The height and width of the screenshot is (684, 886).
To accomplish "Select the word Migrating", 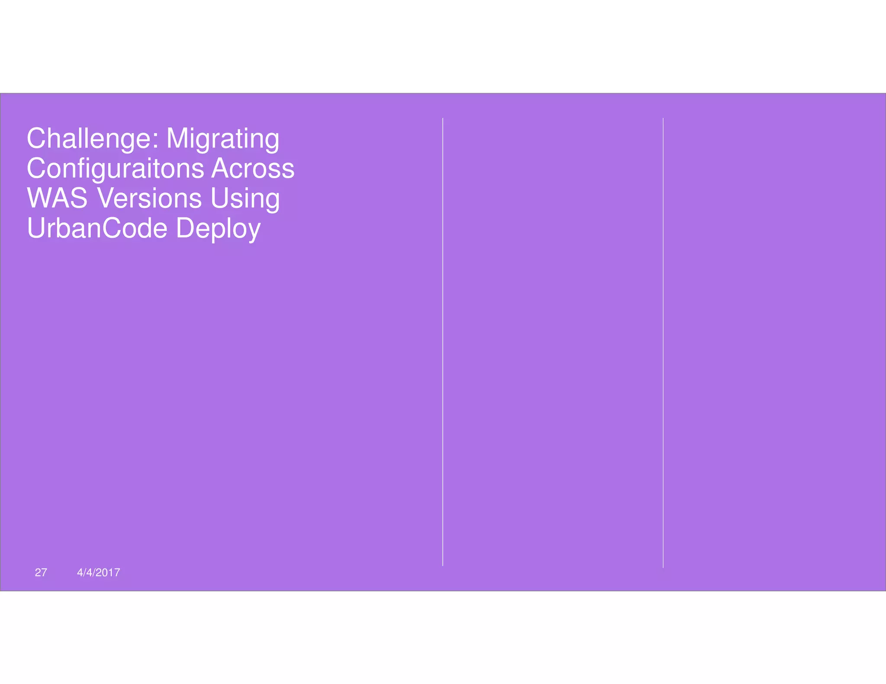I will click(223, 139).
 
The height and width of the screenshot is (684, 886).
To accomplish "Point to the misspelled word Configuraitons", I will click(116, 169).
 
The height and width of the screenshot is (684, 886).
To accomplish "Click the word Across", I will click(253, 169).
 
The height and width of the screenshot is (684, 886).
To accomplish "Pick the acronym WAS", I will click(57, 198).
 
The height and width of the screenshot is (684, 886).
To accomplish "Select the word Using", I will click(245, 198).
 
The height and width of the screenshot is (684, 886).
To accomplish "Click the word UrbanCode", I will click(97, 228).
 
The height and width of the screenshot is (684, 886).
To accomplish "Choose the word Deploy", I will click(218, 228).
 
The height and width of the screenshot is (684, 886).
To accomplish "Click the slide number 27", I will click(41, 572).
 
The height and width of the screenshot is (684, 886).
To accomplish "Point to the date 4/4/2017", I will click(99, 572).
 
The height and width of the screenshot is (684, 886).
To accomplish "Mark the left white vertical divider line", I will click(443, 342).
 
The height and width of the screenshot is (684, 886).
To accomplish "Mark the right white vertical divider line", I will click(663, 342).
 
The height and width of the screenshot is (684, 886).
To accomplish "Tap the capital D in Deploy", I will click(185, 228).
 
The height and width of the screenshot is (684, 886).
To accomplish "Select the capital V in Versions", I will click(105, 198).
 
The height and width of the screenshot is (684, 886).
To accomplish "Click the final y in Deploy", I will click(254, 231).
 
